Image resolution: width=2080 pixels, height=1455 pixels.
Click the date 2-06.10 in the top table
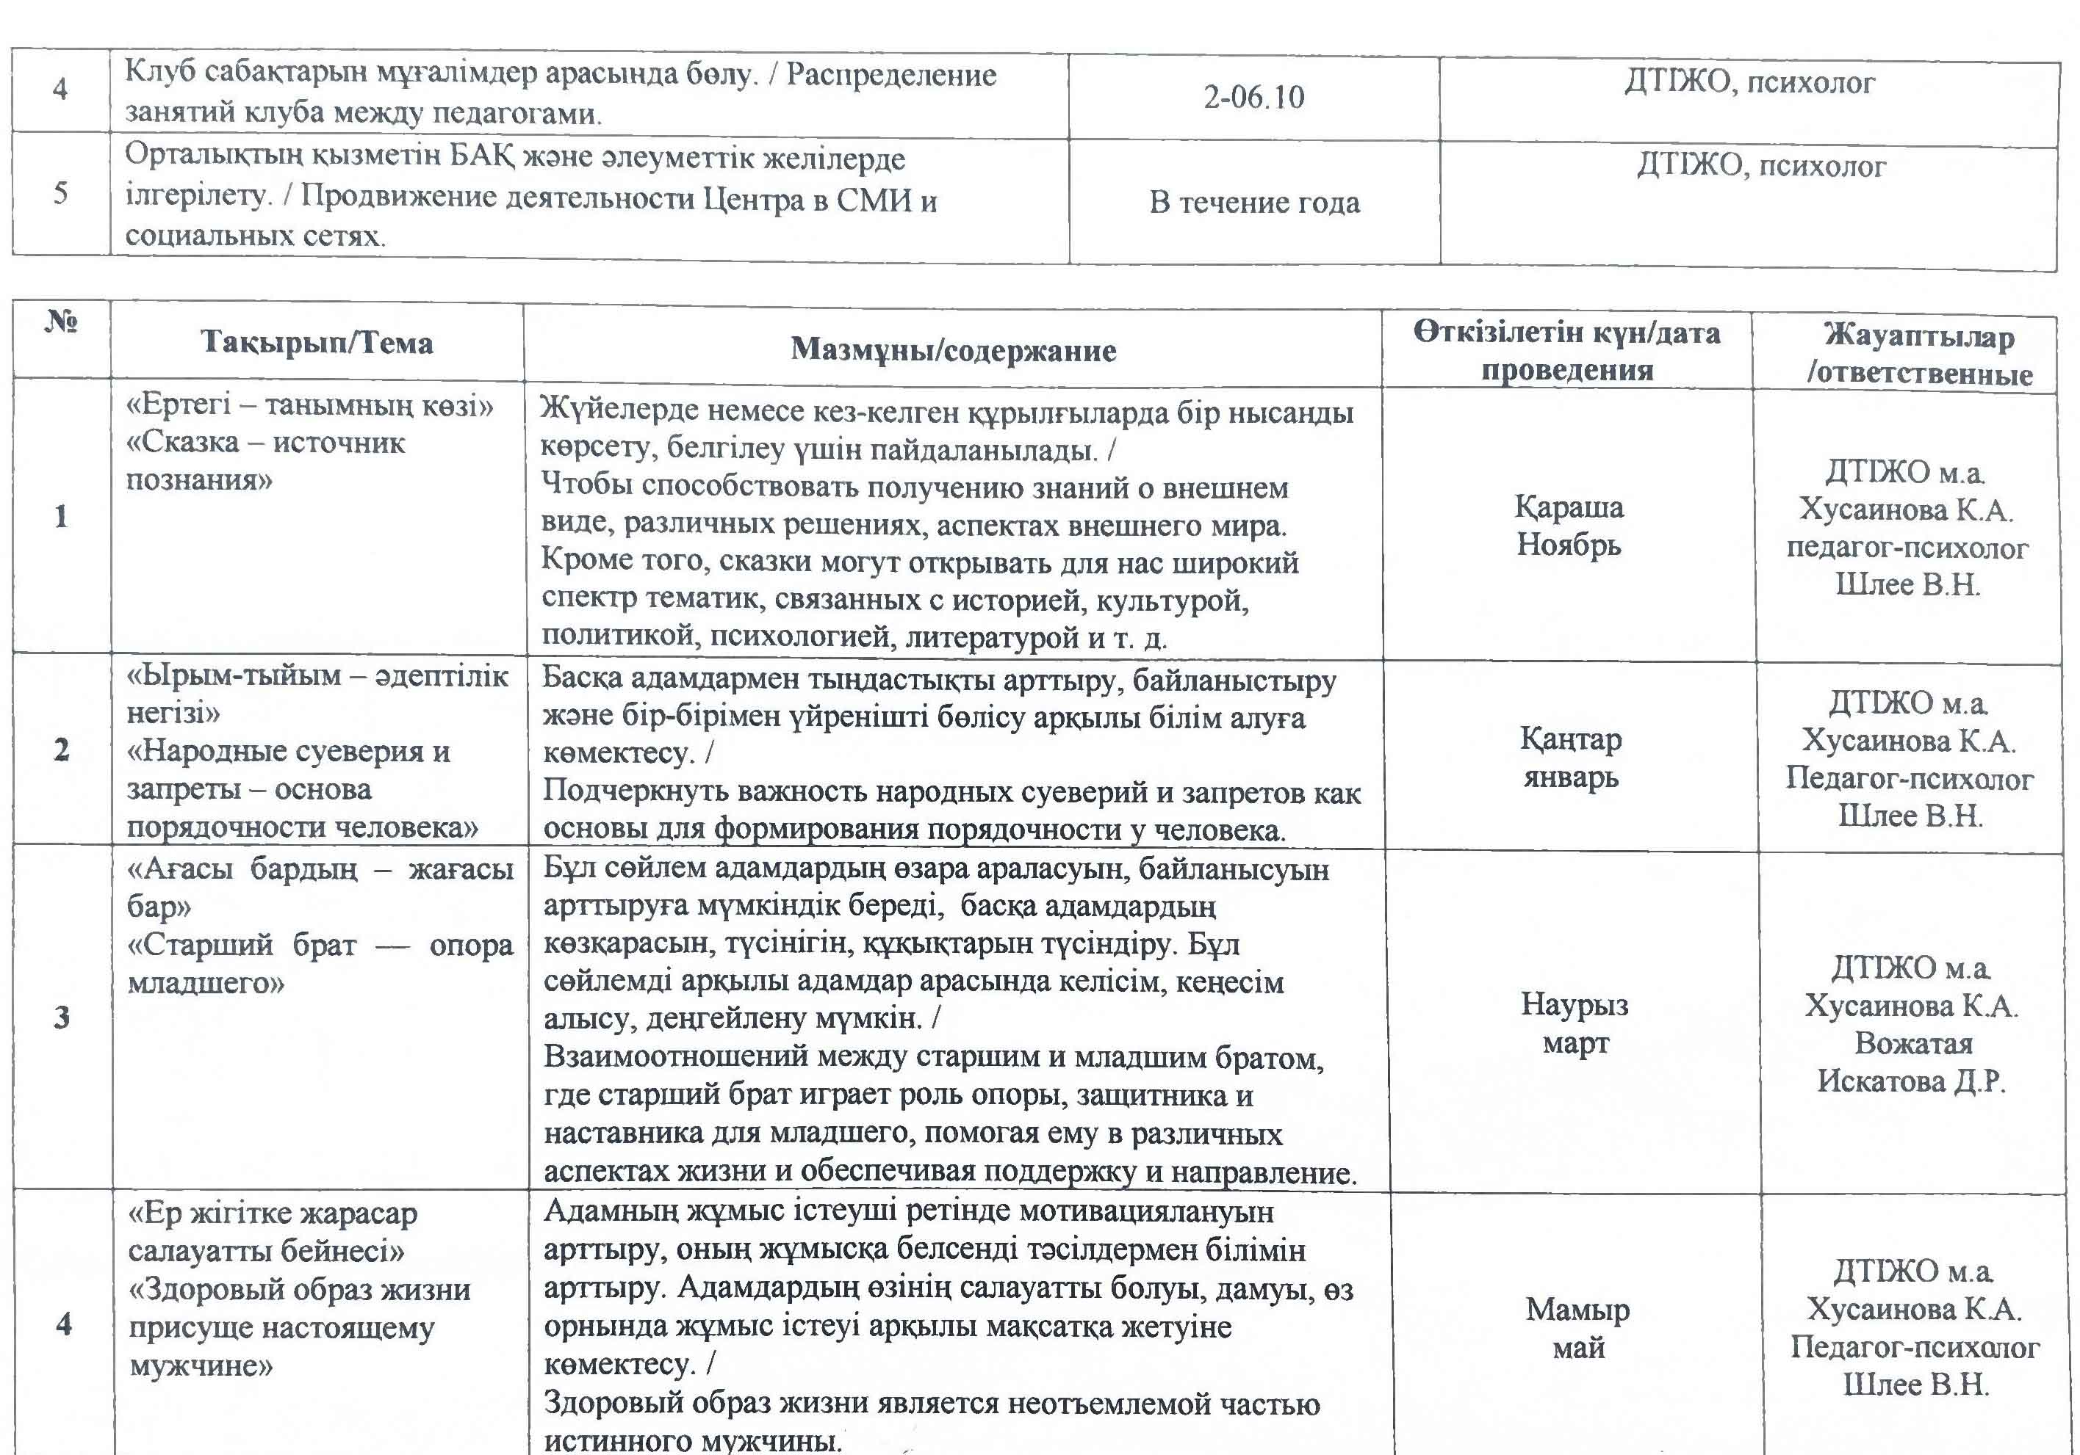(x=1253, y=97)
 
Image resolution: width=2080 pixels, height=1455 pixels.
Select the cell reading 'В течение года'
(x=1255, y=202)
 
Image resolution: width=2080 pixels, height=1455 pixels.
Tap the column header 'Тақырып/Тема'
(x=316, y=342)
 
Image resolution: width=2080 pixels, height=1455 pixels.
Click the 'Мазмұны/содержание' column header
(x=953, y=349)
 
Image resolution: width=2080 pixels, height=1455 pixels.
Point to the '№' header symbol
(x=62, y=322)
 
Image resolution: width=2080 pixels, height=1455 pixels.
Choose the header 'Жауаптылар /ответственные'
(x=1919, y=355)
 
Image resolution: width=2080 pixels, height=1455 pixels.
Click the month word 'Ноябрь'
(x=1568, y=545)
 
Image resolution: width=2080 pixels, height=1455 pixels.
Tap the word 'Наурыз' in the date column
(x=1575, y=1004)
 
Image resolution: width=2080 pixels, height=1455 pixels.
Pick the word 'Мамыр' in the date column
(x=1577, y=1309)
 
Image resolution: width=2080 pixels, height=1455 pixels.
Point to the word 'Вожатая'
(x=1913, y=1043)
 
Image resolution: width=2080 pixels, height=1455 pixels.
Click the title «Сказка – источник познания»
(x=265, y=461)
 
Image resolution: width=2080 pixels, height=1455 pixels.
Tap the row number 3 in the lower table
(x=62, y=1017)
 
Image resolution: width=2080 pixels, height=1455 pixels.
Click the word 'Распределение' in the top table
(x=891, y=74)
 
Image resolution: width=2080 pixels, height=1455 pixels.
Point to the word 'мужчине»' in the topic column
(x=200, y=1365)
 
